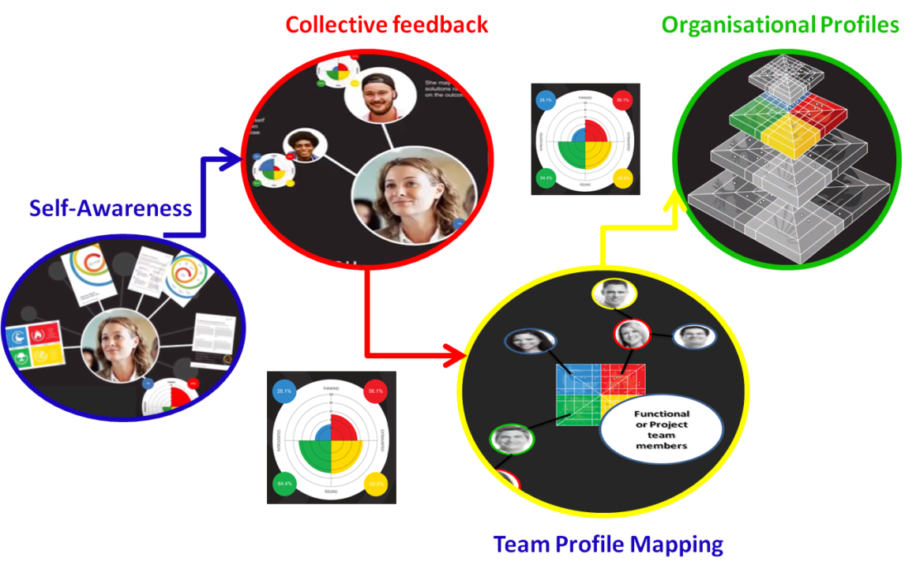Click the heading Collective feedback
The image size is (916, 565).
[x=386, y=24]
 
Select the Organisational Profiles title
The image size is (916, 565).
[x=780, y=24]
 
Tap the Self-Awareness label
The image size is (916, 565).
[x=111, y=208]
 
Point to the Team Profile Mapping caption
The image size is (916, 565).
[x=608, y=544]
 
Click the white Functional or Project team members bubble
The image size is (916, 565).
[x=662, y=429]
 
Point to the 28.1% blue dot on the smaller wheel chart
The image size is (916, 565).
[x=544, y=100]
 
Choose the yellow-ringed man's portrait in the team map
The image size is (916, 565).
[x=614, y=295]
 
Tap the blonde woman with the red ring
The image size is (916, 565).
[x=632, y=333]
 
